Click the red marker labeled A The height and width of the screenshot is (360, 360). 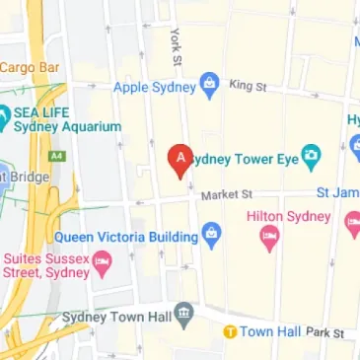180,159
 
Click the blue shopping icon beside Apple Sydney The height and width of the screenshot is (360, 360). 209,87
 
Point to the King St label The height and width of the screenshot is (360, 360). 248,87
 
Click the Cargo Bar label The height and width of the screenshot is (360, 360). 30,67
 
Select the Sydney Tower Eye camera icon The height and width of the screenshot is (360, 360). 311,154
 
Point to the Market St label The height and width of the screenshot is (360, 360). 227,195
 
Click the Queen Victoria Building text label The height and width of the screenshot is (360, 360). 125,236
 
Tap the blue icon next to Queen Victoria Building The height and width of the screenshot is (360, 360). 210,235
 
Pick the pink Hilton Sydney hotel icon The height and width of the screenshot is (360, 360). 268,237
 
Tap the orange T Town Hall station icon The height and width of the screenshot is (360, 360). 229,331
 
